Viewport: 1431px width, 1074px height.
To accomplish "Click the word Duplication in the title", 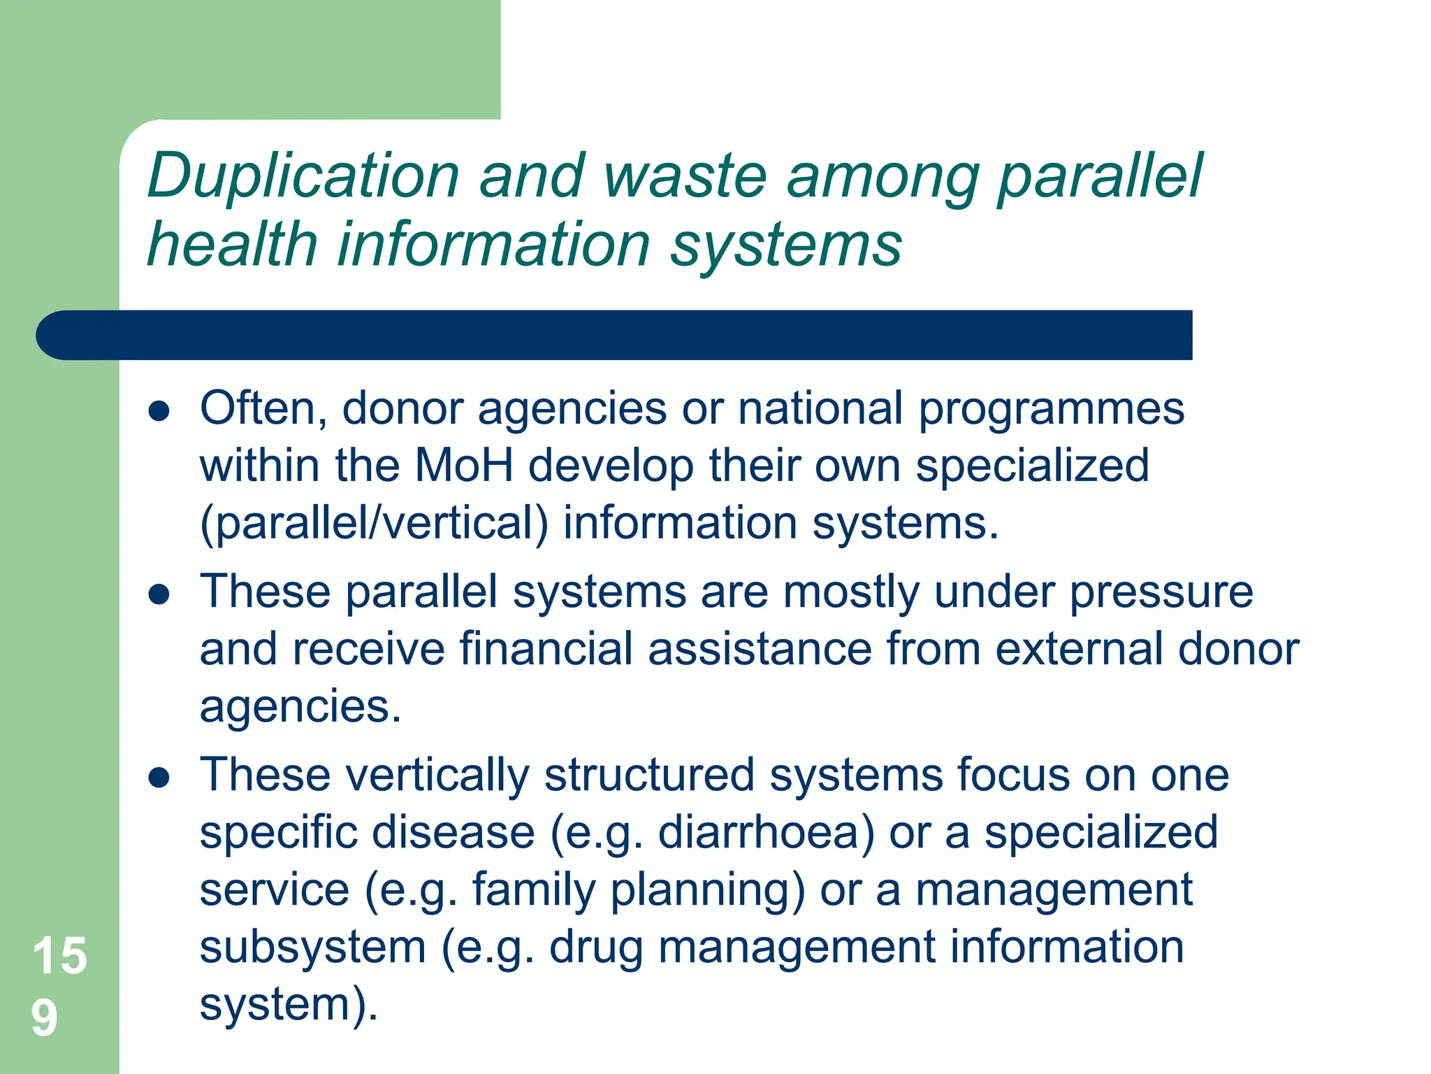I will tap(303, 177).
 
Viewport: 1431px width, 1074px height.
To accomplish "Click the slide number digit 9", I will tap(44, 1018).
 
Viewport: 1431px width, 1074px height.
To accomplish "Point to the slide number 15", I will tap(59, 956).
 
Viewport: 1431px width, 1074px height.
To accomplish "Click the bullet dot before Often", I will tap(159, 411).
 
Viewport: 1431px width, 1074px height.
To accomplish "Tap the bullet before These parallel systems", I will tap(159, 594).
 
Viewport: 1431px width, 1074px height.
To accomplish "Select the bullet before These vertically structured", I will tap(159, 778).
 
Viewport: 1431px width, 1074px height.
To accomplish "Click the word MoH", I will tap(464, 465).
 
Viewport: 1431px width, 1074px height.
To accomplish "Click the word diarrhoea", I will tap(766, 833).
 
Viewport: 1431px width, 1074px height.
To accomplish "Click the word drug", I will tap(595, 947).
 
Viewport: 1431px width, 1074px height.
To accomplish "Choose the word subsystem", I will tap(312, 947).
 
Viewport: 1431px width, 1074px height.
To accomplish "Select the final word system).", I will tap(289, 1005).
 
